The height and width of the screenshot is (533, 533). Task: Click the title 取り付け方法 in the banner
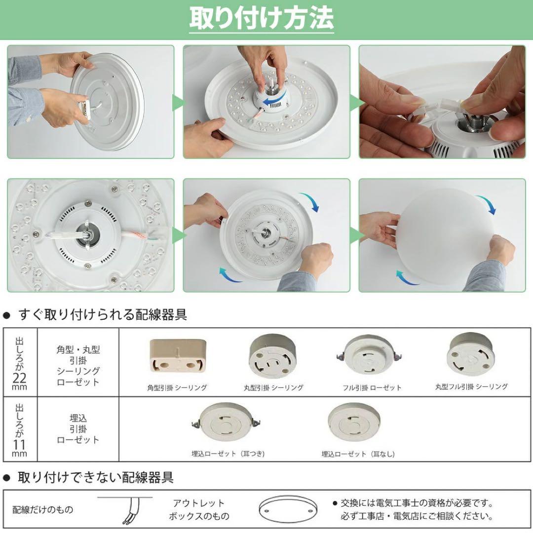[262, 19]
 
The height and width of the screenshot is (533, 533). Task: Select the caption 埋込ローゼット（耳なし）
[358, 454]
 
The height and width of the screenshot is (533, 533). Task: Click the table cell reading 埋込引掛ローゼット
[78, 429]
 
